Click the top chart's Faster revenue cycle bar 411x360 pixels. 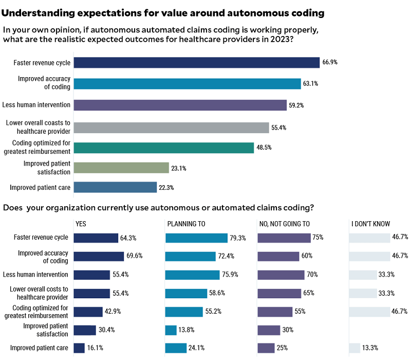196,63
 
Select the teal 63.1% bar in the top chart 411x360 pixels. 187,84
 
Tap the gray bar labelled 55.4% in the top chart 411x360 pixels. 171,128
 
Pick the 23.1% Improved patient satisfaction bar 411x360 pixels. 121,168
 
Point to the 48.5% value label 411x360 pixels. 264,148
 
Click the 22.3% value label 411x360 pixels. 166,188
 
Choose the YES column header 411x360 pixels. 81,224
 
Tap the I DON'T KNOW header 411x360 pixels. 370,224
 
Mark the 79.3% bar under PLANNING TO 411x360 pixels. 196,238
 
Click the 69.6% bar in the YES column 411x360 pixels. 99,256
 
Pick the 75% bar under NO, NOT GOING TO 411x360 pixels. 284,238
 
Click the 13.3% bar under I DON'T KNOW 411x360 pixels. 354,348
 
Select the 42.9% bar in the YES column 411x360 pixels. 88,312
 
